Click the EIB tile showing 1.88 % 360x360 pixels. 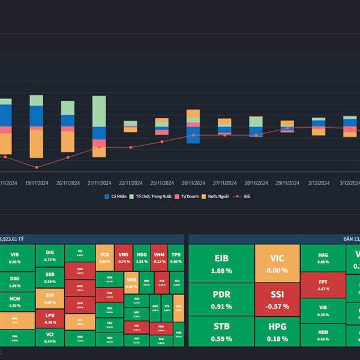coord(220,263)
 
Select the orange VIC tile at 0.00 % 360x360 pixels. coord(277,263)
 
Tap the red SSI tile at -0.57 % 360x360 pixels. coord(277,299)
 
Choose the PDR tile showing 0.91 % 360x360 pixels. coord(220,299)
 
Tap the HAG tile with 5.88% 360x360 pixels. coord(323,257)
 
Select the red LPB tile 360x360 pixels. coord(49,318)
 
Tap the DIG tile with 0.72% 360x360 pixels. coord(49,255)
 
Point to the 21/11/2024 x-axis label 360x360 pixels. coord(100,183)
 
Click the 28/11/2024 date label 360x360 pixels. coord(256,183)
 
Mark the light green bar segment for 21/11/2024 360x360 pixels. coord(100,111)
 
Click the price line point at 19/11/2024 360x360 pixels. coord(37,167)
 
